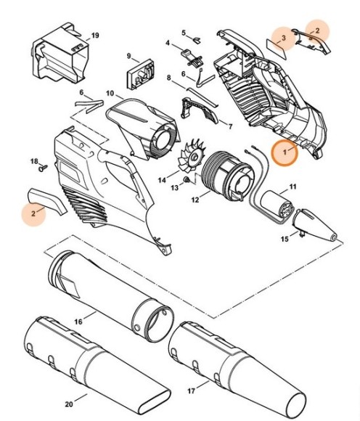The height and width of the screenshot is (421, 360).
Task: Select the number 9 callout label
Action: (128, 57)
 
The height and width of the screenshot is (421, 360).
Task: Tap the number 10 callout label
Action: (110, 94)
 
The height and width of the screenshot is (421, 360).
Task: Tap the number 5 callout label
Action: (184, 32)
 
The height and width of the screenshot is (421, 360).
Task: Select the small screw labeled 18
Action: (41, 168)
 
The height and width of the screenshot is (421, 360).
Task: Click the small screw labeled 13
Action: (187, 179)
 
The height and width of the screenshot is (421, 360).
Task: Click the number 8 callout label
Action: (168, 77)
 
